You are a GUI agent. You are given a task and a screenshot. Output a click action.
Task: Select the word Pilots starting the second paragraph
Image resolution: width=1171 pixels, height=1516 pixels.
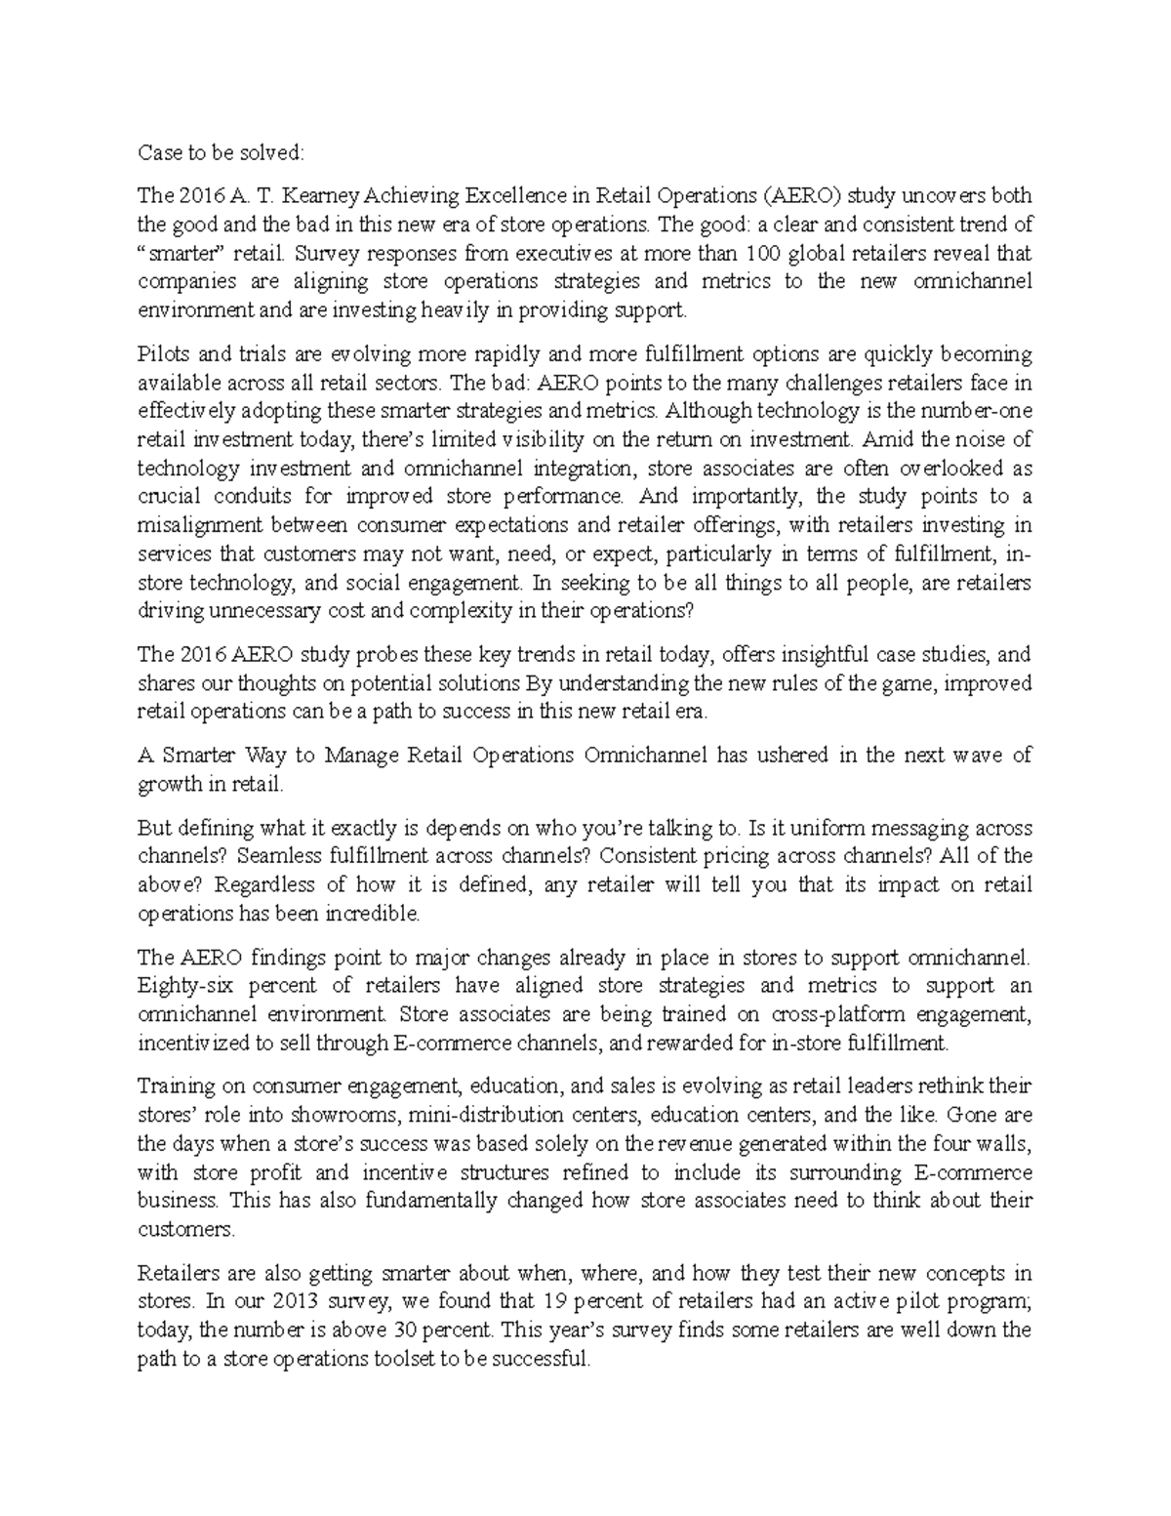click(164, 353)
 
